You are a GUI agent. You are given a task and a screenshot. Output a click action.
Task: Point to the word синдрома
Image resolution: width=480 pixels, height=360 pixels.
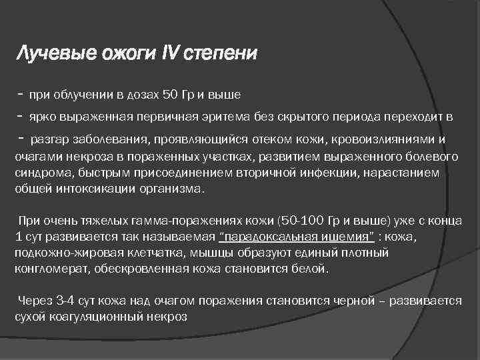(x=41, y=172)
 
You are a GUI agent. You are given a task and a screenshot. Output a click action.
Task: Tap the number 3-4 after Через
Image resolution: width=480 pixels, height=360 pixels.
(x=65, y=301)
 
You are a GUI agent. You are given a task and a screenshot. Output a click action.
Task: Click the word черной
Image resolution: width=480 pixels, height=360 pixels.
(x=352, y=301)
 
